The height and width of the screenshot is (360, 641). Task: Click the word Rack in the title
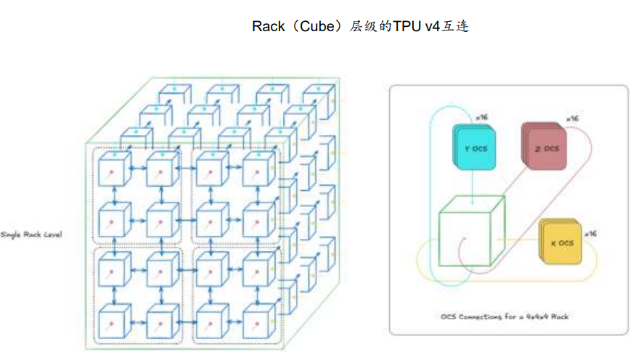[267, 27]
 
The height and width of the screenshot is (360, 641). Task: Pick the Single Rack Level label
[32, 234]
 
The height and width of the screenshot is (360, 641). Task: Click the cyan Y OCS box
[473, 148]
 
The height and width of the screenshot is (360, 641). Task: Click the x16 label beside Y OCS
[481, 117]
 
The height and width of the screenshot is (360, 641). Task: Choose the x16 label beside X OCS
[590, 233]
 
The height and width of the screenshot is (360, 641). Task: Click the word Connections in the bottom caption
[481, 316]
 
